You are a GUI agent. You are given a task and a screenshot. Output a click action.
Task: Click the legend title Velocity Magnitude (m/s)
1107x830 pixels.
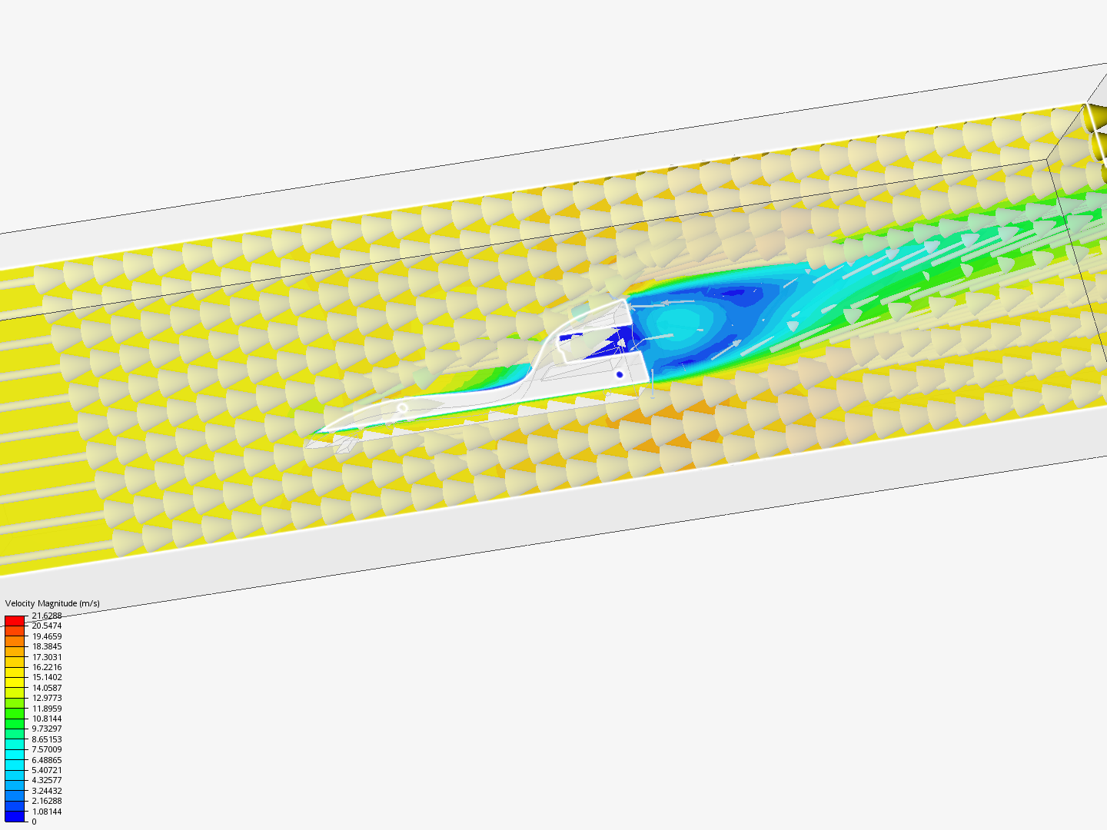click(x=52, y=603)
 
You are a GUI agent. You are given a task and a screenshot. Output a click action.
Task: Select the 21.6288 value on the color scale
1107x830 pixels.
click(x=47, y=616)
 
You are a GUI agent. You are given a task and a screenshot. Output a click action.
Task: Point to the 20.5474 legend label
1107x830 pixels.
click(x=47, y=626)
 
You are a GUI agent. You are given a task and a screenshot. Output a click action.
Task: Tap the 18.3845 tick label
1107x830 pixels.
click(x=47, y=646)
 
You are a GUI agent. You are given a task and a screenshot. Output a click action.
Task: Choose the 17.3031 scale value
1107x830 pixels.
click(x=47, y=656)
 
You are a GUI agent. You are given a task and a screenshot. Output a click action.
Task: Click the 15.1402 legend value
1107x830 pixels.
click(x=47, y=677)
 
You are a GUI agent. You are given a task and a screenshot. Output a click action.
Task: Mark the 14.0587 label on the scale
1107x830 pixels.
click(x=47, y=687)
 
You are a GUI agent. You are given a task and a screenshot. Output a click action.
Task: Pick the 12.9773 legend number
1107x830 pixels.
click(x=47, y=698)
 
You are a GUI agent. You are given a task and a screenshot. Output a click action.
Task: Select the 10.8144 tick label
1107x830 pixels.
click(x=47, y=718)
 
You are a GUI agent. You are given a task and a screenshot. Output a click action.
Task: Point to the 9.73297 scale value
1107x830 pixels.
click(x=47, y=729)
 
